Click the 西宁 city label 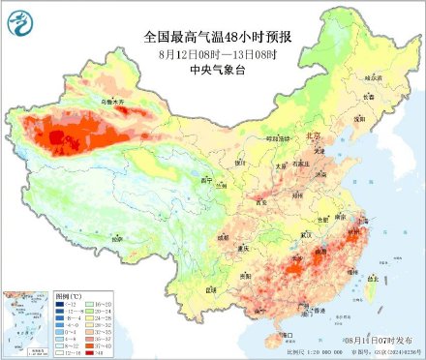(204, 180)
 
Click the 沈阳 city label (359, 118)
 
